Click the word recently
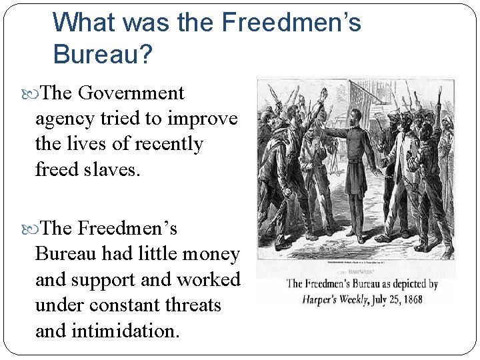[169, 144]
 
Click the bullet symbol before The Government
[35, 93]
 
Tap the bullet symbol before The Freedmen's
[35, 229]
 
